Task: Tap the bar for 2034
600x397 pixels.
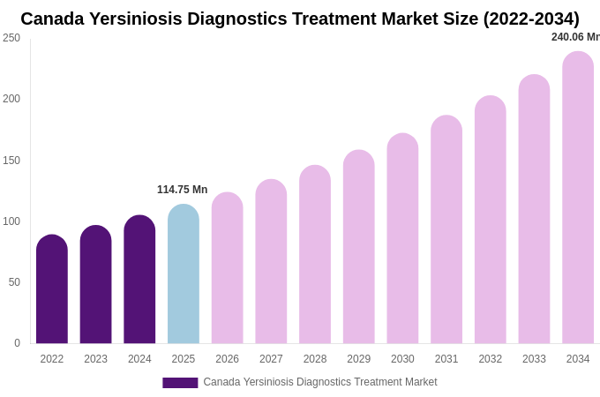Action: [x=578, y=198]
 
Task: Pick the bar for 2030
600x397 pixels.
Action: [x=402, y=239]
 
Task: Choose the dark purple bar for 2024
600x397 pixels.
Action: [x=139, y=280]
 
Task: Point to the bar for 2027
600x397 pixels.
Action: [x=271, y=262]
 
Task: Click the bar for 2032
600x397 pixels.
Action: [x=491, y=220]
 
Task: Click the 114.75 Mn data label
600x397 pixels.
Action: [x=182, y=190]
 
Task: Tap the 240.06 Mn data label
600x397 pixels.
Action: [x=575, y=37]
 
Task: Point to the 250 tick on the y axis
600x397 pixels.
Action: [x=11, y=38]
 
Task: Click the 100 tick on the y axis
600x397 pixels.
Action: [x=11, y=221]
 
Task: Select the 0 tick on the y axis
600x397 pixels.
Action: [x=17, y=343]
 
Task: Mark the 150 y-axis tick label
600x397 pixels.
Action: [x=11, y=161]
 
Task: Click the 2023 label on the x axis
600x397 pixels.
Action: [x=95, y=359]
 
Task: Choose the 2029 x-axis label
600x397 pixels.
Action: [x=359, y=359]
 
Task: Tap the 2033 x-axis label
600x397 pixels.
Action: [x=534, y=359]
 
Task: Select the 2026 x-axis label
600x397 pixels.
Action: [x=227, y=359]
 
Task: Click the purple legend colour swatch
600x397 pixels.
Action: [x=180, y=383]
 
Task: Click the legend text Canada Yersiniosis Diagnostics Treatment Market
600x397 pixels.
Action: [x=319, y=382]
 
